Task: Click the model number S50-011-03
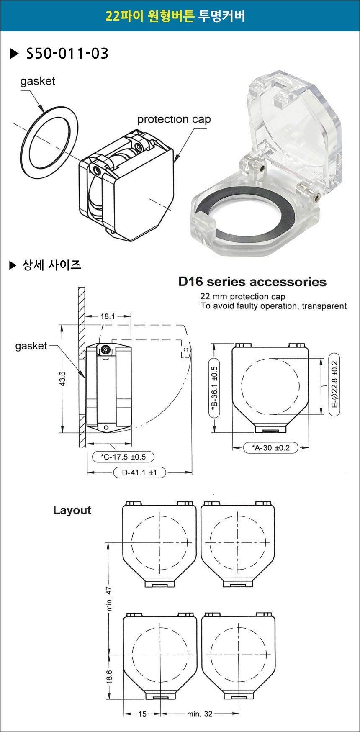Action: pos(67,53)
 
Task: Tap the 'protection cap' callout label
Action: pos(174,119)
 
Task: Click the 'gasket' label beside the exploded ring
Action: pos(38,81)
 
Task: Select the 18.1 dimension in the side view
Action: pos(108,316)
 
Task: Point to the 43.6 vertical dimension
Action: pos(62,381)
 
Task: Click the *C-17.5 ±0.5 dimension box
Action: pos(123,457)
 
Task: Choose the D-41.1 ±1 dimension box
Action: pos(139,473)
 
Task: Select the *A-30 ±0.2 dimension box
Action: pos(271,448)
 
